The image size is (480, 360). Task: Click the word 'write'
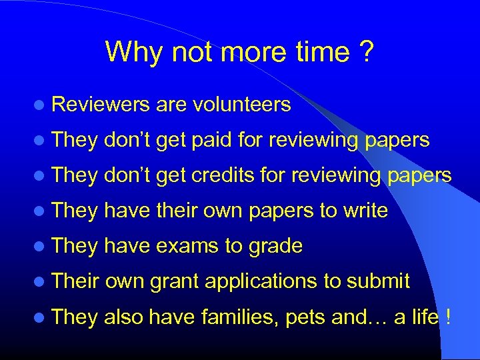[365, 211]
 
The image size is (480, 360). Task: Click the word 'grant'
[174, 282]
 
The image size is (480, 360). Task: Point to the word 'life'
[425, 317]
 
